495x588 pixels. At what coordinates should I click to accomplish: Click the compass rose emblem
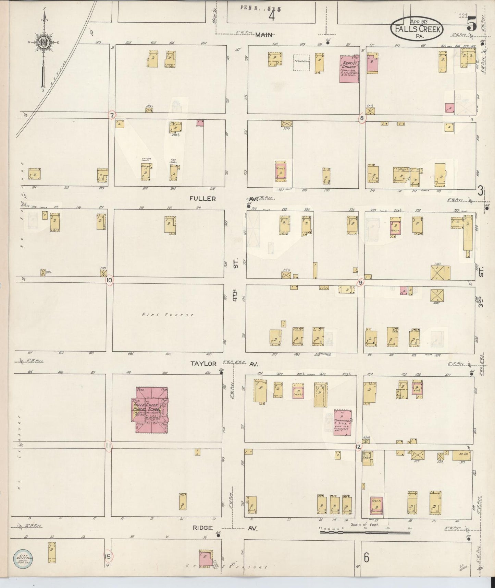(x=45, y=42)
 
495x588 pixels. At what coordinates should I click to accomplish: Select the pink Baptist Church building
(x=348, y=69)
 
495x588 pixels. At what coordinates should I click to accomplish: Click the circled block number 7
(x=112, y=115)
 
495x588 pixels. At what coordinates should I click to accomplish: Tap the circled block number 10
(x=109, y=280)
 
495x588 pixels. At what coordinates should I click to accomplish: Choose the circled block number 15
(x=108, y=556)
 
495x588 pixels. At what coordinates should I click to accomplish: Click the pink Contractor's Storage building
(x=343, y=422)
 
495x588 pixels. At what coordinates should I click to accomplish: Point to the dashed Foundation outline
(x=301, y=63)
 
